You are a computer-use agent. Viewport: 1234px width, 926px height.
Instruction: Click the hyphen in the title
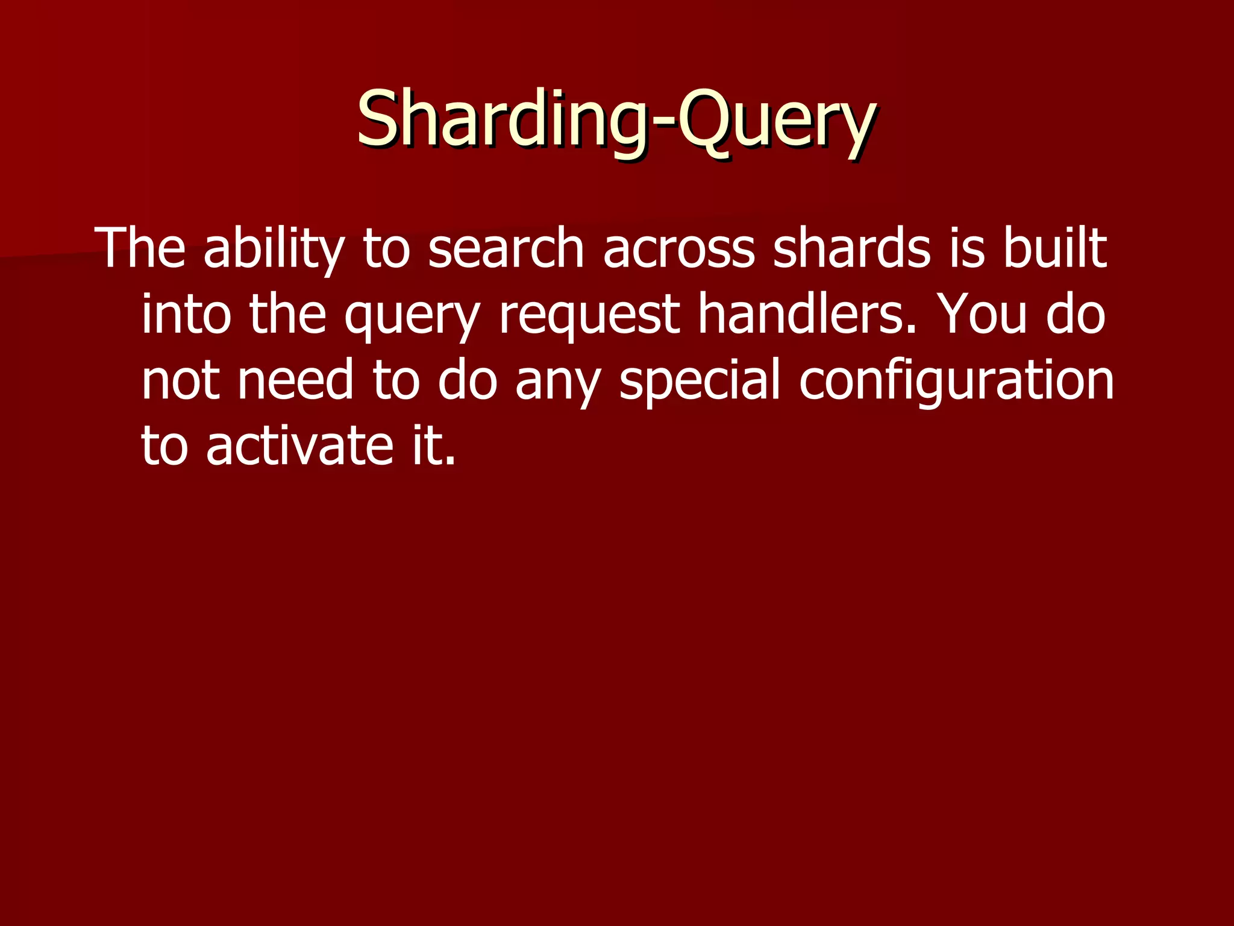(x=662, y=124)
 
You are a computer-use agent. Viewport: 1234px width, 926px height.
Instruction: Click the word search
(x=506, y=248)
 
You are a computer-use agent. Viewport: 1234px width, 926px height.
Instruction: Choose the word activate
(x=299, y=447)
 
